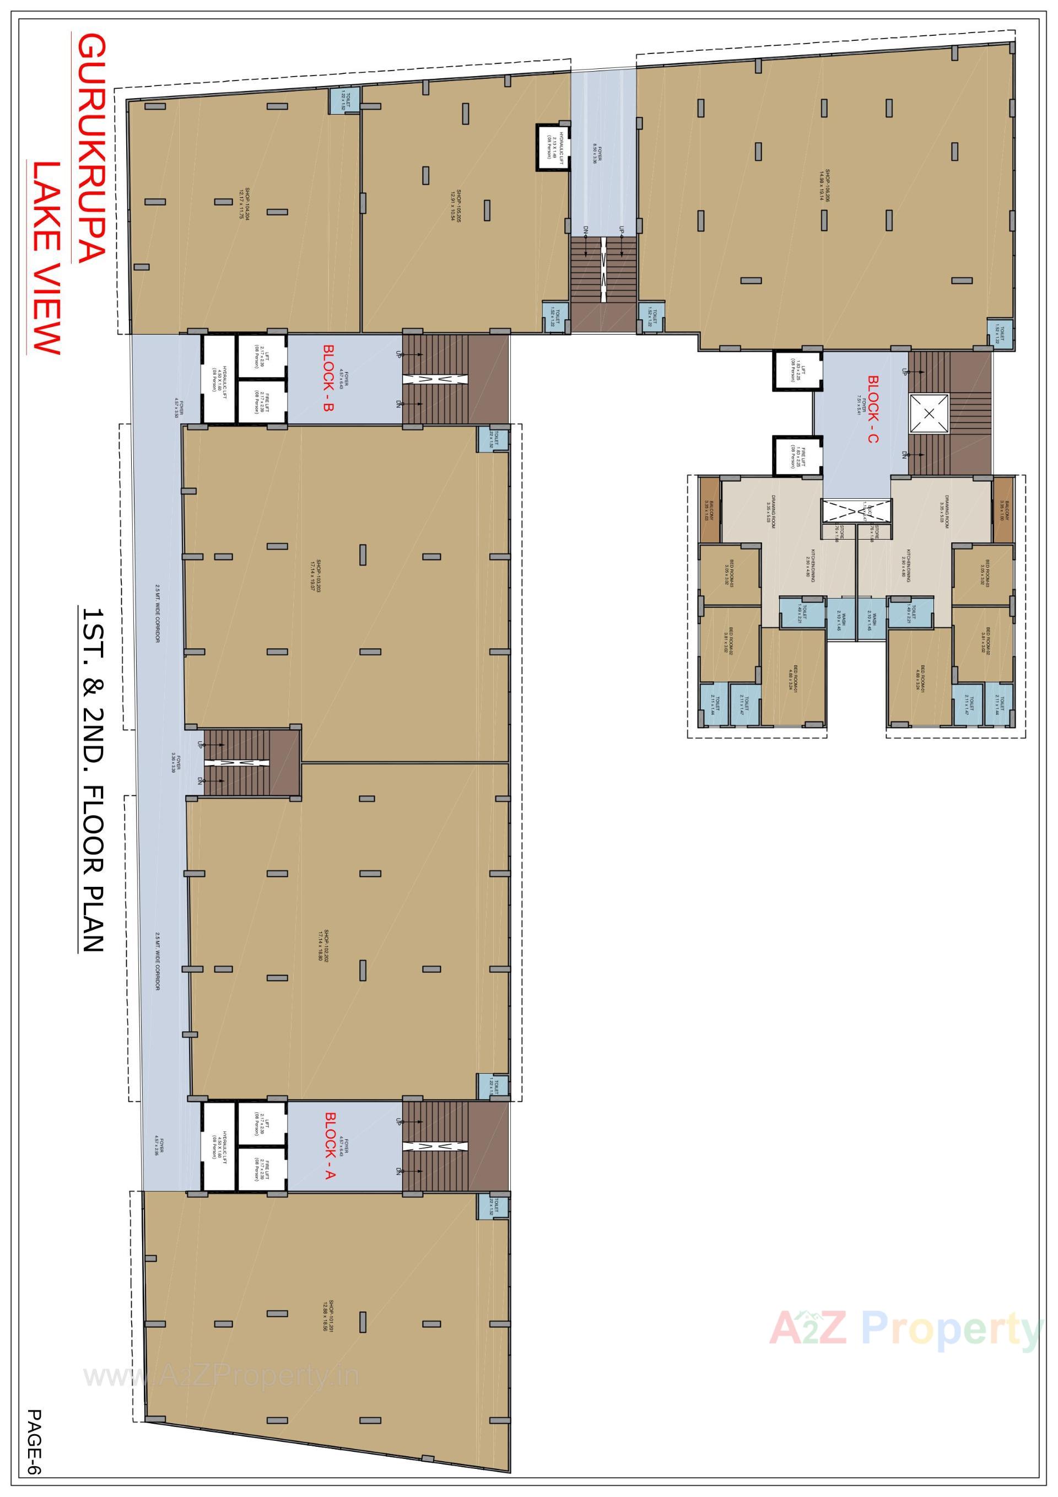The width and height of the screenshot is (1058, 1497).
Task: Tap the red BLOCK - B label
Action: pyautogui.click(x=329, y=379)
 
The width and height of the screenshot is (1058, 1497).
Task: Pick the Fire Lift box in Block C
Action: pyautogui.click(x=794, y=456)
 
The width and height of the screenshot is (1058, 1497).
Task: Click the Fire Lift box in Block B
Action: pyautogui.click(x=261, y=401)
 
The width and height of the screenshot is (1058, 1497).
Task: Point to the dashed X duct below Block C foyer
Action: pyautogui.click(x=856, y=510)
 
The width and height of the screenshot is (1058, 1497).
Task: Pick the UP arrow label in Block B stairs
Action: pyautogui.click(x=398, y=354)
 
